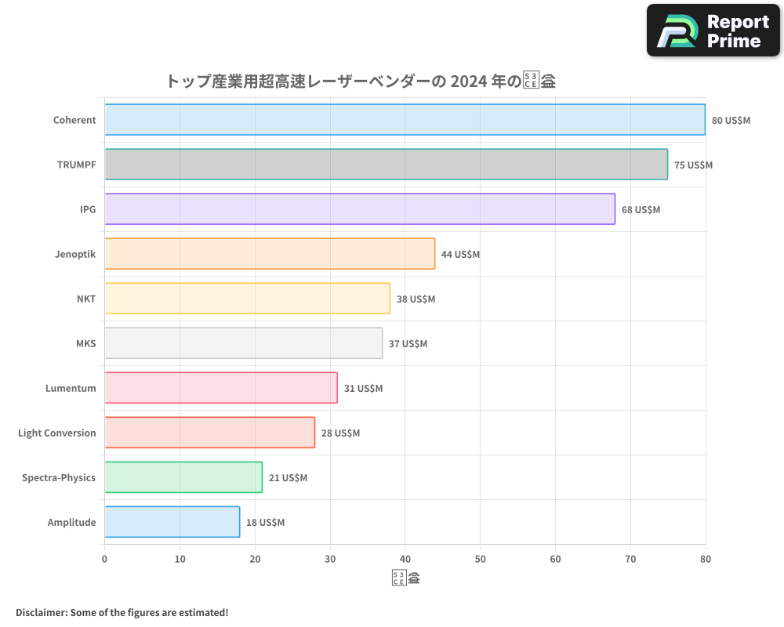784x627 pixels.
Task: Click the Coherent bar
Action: pyautogui.click(x=405, y=120)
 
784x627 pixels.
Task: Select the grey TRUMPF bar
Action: pyautogui.click(x=386, y=165)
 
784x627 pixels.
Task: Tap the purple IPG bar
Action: pyautogui.click(x=360, y=209)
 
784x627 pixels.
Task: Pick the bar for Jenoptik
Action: pyautogui.click(x=270, y=254)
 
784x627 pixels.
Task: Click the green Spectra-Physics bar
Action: pyautogui.click(x=183, y=477)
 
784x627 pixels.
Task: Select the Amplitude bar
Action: pyautogui.click(x=172, y=522)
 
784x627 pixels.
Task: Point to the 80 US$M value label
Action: pyautogui.click(x=731, y=121)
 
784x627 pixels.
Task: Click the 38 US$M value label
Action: pyautogui.click(x=416, y=299)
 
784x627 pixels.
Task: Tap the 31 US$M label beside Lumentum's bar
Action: pyautogui.click(x=363, y=389)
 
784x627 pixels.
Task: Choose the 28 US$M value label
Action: pyautogui.click(x=340, y=433)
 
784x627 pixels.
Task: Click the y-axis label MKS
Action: pyautogui.click(x=85, y=343)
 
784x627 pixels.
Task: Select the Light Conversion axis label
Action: pyautogui.click(x=56, y=433)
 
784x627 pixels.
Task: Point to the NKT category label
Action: pyautogui.click(x=86, y=299)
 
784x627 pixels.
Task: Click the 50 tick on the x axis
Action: pyautogui.click(x=480, y=559)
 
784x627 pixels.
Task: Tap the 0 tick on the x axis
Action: pyautogui.click(x=104, y=559)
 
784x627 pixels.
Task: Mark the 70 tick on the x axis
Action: pyautogui.click(x=630, y=559)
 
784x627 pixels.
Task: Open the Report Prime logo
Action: pyautogui.click(x=713, y=30)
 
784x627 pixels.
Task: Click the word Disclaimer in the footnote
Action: pyautogui.click(x=40, y=612)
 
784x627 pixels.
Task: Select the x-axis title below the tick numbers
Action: pyautogui.click(x=405, y=579)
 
